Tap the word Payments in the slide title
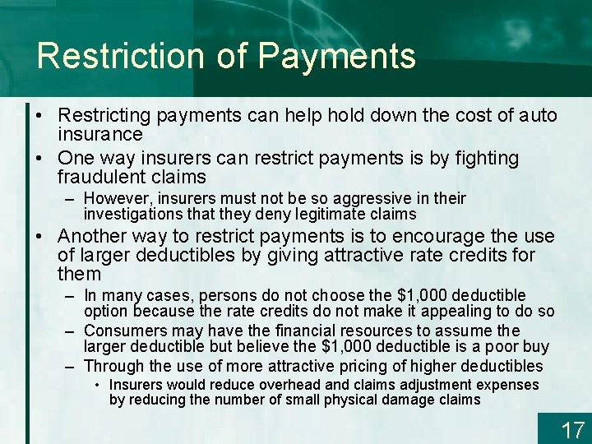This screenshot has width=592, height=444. point(336,56)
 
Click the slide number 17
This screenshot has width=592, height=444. point(572,429)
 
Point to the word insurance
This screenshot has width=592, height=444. point(99,134)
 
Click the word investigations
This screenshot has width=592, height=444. point(132,214)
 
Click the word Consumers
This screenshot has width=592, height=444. point(124,331)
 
